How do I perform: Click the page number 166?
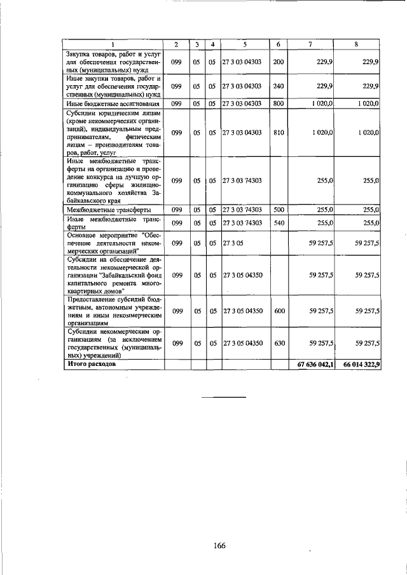pos(220,528)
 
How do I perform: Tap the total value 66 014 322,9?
pos(361,365)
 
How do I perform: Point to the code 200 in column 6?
pos(278,62)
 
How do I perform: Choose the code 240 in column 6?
pos(278,86)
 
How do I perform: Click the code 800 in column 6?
pos(278,103)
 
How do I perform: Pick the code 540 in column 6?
pos(278,222)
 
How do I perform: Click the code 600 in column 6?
pos(278,311)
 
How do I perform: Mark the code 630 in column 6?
pos(278,343)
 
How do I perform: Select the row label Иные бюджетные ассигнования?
pos(104,103)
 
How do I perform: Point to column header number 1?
pos(113,44)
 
